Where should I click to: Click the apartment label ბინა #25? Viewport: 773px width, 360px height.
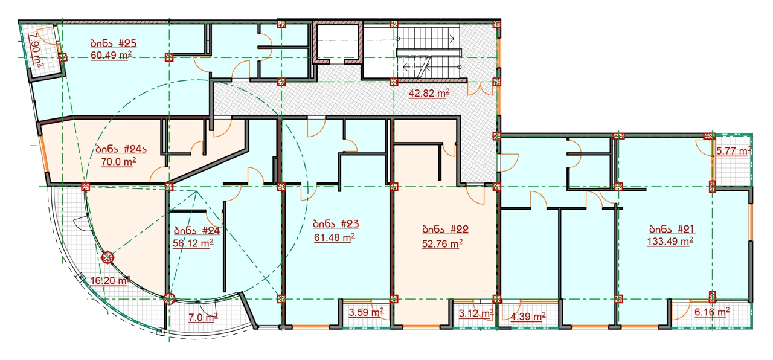coord(114,43)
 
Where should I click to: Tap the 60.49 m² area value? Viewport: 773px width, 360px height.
coord(111,55)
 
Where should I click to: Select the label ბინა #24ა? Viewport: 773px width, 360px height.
coord(121,149)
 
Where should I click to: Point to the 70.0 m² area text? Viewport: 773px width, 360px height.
coord(119,161)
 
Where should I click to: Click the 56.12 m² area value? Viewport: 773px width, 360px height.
coord(193,243)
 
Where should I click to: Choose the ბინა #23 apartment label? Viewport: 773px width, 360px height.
coord(336,223)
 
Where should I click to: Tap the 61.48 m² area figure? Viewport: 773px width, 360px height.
coord(335,237)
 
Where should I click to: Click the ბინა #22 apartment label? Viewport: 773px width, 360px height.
coord(445,229)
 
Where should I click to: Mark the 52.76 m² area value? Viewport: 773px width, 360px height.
coord(442,243)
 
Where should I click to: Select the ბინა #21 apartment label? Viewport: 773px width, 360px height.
coord(672,229)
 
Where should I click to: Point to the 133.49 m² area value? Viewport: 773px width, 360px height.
coord(670,241)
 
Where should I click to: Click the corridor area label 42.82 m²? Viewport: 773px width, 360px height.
coord(429,93)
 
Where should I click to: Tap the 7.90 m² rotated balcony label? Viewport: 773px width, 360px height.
coord(36,51)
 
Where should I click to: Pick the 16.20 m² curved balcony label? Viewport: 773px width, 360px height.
coord(110,280)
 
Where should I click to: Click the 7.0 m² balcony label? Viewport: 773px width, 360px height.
coord(203,317)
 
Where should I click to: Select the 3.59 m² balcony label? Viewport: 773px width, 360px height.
coord(366,312)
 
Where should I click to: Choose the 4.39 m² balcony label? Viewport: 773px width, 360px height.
coord(528,316)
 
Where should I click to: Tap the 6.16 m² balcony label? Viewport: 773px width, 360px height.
coord(712,312)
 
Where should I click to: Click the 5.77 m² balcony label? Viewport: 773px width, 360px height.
coord(734,151)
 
